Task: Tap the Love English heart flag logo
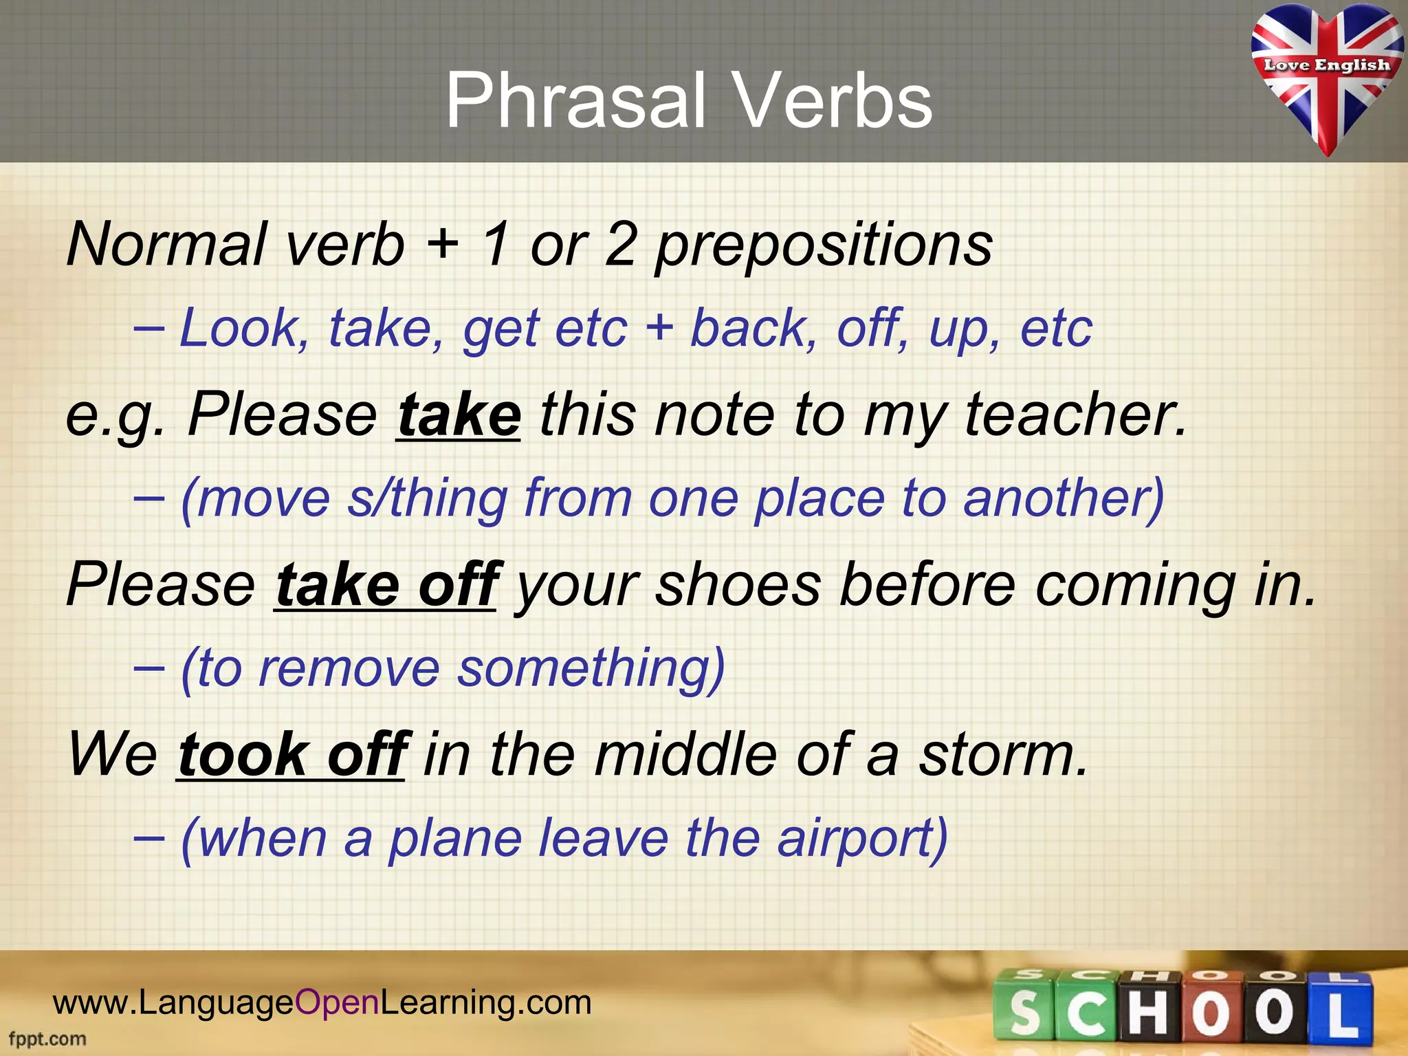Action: click(1326, 76)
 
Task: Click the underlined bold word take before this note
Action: click(459, 415)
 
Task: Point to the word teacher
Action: click(1076, 415)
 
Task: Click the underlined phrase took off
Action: click(293, 755)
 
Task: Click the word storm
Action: click(1004, 755)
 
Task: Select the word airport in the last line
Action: click(862, 839)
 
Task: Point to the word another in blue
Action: click(1063, 498)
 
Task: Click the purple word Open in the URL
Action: click(337, 1002)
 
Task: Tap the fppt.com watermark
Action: click(47, 1039)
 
